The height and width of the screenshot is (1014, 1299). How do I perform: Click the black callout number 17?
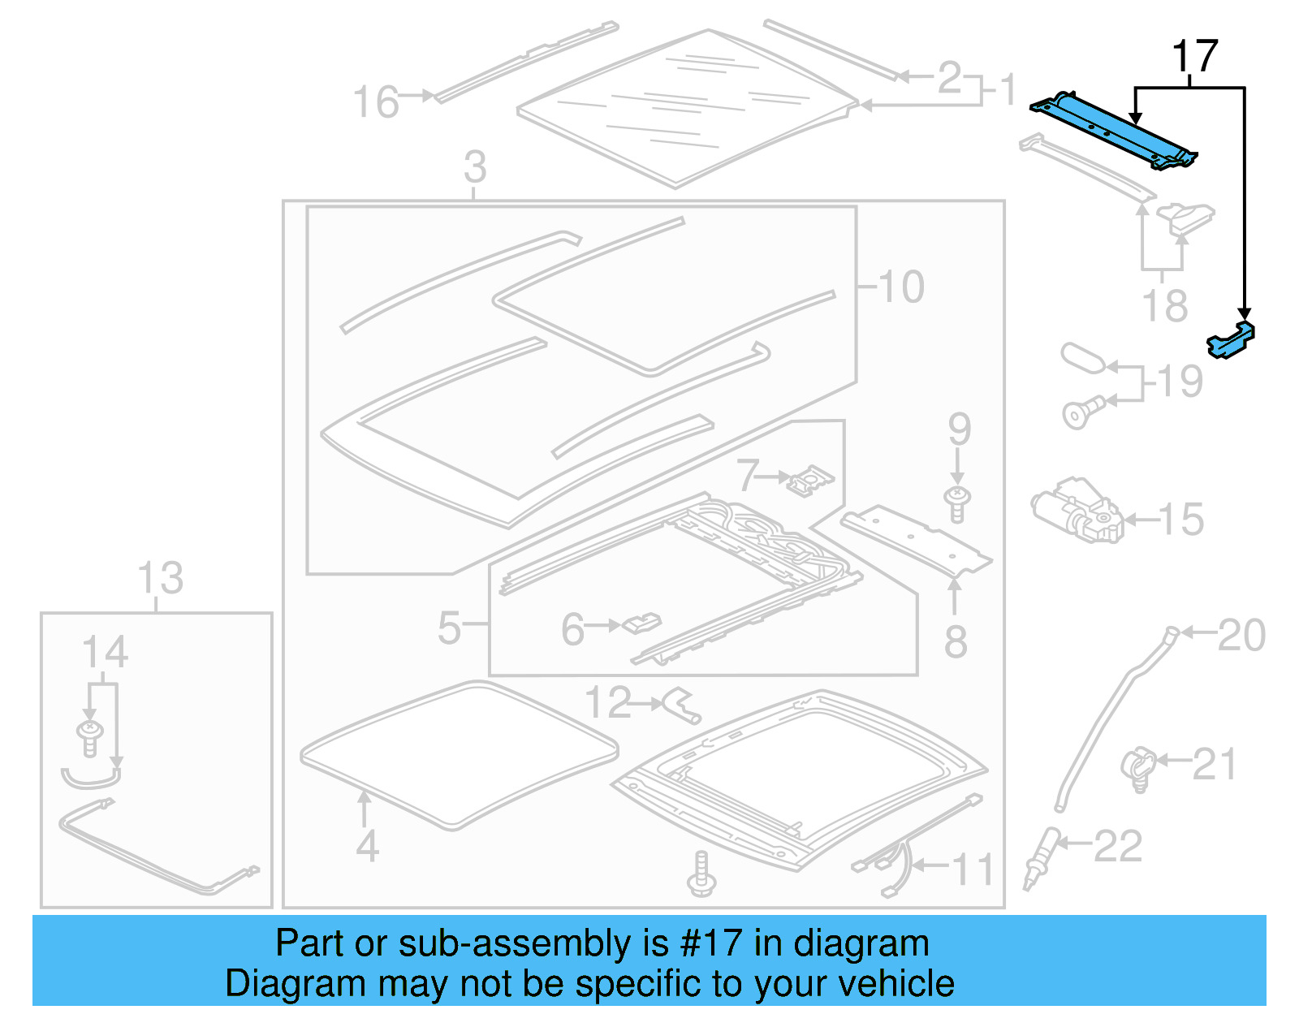pos(1195,57)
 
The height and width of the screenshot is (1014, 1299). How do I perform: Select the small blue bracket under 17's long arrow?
pos(1231,340)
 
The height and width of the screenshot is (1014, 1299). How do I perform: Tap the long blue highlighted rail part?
pos(1112,130)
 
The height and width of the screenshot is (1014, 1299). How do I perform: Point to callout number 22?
pos(1118,847)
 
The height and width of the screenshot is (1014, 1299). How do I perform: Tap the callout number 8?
pos(956,642)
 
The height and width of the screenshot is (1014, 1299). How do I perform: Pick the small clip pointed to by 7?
pos(809,480)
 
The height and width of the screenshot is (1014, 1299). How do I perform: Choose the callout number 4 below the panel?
pos(367,847)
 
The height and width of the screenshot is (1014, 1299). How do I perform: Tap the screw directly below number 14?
pos(89,736)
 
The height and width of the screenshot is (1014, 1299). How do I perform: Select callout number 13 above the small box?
pos(160,579)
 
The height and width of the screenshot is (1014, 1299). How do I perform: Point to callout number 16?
pos(376,103)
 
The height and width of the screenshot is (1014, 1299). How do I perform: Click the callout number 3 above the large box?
pos(475,167)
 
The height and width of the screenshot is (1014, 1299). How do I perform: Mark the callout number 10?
pos(901,287)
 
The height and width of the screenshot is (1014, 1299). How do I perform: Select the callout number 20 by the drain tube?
pos(1241,635)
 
